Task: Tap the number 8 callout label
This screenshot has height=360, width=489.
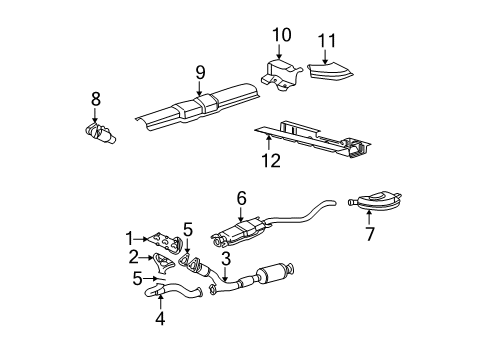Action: click(x=96, y=99)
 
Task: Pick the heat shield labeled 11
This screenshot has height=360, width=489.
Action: click(x=324, y=71)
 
